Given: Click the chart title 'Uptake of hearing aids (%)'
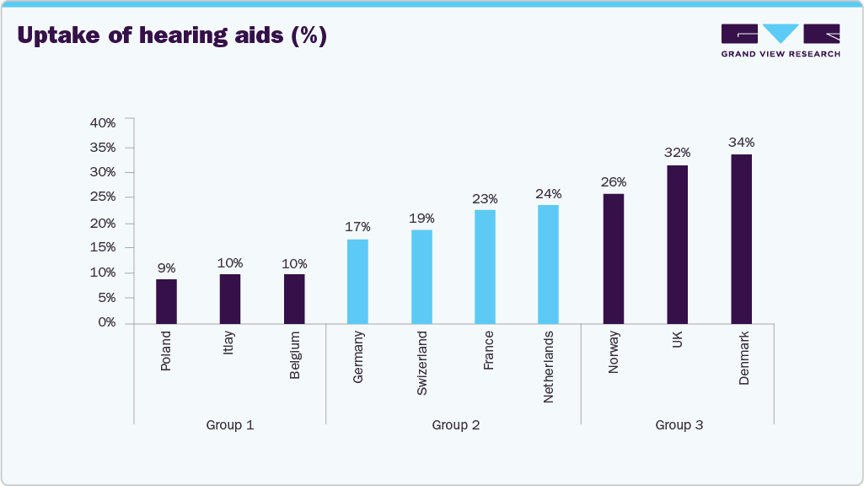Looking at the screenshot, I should pos(171,36).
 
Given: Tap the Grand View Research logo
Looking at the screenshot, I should pos(780,40).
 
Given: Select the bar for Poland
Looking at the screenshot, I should pos(166,301).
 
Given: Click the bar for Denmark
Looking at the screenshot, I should pos(741,239).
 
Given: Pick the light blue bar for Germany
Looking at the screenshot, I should pos(357,281).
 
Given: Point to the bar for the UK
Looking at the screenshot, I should pos(677,244).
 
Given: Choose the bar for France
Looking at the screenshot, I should pos(485,267).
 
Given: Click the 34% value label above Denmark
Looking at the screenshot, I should pos(741,142).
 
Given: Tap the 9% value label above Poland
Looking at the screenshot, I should pos(166,267).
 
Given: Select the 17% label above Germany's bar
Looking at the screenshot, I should pos(357,227).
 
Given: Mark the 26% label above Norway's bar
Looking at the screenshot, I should pos(613,181).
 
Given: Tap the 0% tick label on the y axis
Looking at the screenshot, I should pos(106,322).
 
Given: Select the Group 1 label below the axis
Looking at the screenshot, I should pos(229,425).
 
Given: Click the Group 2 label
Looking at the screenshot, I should pos(455,425).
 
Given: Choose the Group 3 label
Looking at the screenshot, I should pos(679,425).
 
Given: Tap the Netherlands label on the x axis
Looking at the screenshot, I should pos(549,366).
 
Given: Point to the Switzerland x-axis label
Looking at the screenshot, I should pos(421,363).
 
